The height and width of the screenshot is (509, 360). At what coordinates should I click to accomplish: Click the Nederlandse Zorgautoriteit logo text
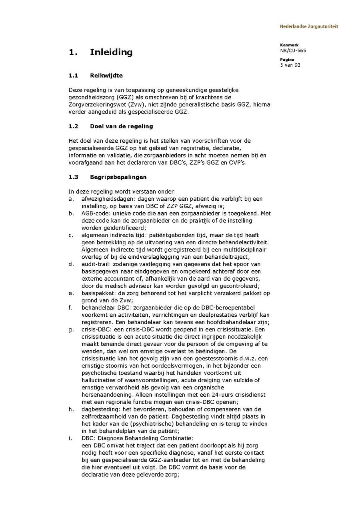coord(309,27)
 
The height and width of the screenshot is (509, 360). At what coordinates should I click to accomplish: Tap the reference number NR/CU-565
coord(293,50)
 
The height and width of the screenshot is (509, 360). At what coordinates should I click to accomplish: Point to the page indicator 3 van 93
coord(290,65)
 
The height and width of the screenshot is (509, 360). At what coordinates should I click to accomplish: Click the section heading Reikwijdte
coord(106,75)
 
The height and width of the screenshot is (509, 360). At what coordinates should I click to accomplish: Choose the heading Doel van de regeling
coord(122,126)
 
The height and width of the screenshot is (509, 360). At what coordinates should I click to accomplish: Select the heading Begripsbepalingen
coord(118,177)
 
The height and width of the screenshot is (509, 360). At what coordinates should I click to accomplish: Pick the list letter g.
coord(71,329)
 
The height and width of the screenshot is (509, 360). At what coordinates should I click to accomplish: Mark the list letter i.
coord(70,438)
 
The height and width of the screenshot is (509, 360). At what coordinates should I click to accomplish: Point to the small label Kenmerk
coord(289,45)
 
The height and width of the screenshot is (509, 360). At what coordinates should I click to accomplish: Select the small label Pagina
coord(287,60)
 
